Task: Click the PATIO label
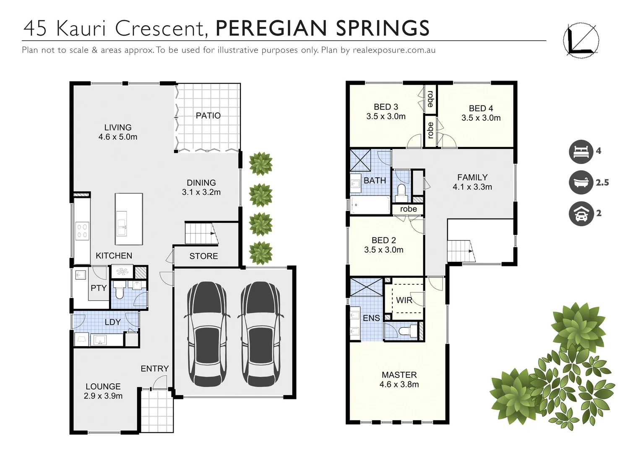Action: pos(208,115)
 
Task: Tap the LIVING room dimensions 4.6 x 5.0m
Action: pos(118,137)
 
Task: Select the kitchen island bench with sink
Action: pos(129,219)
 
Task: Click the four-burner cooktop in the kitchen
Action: pos(82,231)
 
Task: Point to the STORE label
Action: pos(203,256)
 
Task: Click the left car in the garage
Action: pos(207,334)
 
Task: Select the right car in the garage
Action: pos(261,334)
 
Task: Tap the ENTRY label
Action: pos(154,368)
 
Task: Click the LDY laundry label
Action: pos(112,322)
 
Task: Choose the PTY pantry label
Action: pos(99,288)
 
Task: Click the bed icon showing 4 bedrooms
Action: pos(581,151)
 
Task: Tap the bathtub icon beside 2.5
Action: pos(581,182)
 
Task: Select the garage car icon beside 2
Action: pos(581,213)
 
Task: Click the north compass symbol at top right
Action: pos(581,40)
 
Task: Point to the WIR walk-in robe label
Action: pos(404,300)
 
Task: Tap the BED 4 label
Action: pos(481,108)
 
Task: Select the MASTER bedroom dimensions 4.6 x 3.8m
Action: pos(399,385)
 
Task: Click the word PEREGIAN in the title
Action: pos(271,29)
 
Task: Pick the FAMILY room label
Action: pos(472,177)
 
